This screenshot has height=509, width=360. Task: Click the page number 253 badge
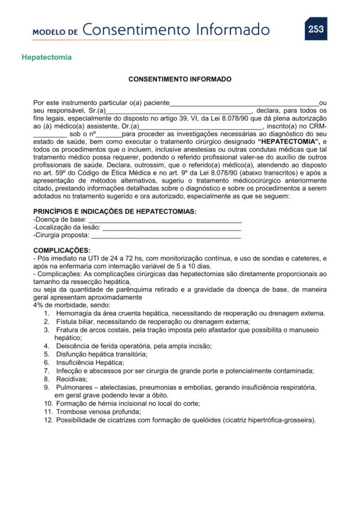tap(316, 29)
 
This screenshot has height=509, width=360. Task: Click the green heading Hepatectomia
tap(47, 58)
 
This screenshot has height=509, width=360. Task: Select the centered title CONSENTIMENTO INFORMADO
tap(180, 79)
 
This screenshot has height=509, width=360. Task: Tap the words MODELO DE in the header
tap(55, 31)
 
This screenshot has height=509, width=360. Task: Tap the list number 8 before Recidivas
tap(46, 379)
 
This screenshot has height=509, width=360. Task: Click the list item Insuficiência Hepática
tap(89, 363)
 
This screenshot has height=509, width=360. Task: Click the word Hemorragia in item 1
tap(73, 313)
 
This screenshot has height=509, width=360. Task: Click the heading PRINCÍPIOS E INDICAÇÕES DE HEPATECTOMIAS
tap(115, 212)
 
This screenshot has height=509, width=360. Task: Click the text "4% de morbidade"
tap(59, 305)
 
